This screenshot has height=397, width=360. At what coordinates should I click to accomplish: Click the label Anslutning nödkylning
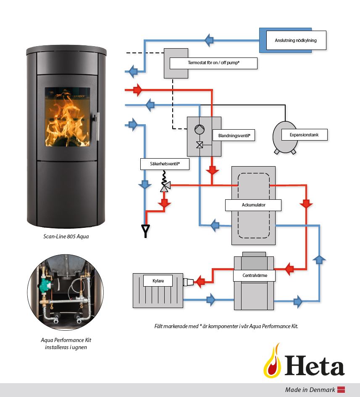point(295,40)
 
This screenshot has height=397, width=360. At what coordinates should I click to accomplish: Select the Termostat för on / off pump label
point(213,63)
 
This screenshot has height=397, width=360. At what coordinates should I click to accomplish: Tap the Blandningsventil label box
point(234,136)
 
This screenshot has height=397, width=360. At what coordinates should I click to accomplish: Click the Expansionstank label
point(305,135)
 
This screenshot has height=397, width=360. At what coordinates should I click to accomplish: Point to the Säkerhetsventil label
point(164,164)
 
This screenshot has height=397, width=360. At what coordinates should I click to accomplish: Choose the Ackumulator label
point(253,205)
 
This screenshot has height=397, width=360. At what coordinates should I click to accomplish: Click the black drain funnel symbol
point(146,230)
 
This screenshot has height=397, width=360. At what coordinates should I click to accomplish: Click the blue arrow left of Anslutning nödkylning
point(209,40)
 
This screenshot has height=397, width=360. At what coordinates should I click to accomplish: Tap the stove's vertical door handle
point(97,126)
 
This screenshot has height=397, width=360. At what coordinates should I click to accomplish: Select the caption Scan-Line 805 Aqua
point(66,236)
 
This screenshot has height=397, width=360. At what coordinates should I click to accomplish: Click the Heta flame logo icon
point(273,361)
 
